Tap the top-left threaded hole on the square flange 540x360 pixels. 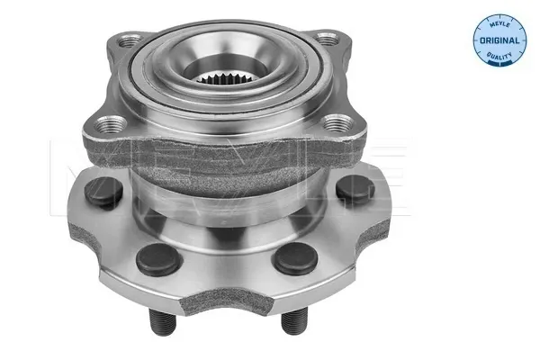tap(129, 40)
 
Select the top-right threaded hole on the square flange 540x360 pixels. tap(327, 39)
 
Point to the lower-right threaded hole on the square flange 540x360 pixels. tap(338, 123)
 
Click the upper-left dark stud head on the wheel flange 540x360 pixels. tap(103, 191)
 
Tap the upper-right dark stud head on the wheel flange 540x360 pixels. tap(355, 188)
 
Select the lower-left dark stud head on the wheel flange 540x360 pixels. tap(158, 260)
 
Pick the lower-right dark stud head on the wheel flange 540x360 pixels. tap(295, 258)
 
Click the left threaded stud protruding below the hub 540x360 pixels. tap(162, 322)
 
